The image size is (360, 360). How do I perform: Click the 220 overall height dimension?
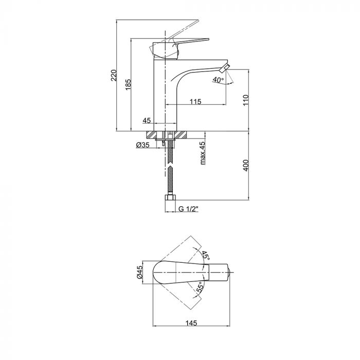tap(114, 75)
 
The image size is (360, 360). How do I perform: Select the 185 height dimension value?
tap(129, 84)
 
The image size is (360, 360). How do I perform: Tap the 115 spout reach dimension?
tap(195, 101)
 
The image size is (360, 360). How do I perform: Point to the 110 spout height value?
tap(246, 100)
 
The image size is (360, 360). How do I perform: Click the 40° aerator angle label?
tap(218, 80)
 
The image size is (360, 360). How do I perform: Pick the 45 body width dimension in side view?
tap(147, 120)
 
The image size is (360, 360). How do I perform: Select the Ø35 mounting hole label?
tap(142, 145)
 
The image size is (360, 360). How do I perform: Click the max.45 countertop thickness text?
tap(203, 153)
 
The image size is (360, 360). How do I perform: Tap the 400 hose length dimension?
tap(246, 165)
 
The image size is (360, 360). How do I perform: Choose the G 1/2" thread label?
tap(188, 209)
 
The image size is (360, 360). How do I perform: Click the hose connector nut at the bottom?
tap(170, 197)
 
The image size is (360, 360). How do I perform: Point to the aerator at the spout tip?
tap(225, 68)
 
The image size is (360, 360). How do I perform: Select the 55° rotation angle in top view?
tap(200, 287)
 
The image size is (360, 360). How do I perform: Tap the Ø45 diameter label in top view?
tap(139, 272)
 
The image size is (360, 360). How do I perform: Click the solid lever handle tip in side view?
tap(208, 39)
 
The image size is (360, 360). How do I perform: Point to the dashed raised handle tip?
tap(197, 21)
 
